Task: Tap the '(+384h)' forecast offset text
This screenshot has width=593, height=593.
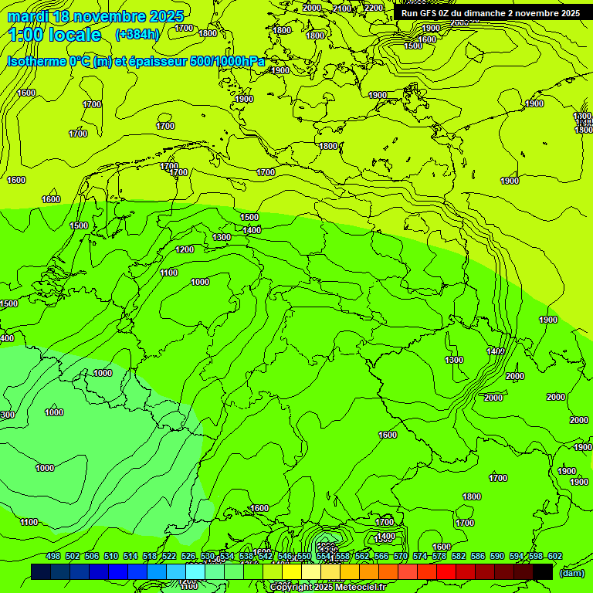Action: (x=137, y=35)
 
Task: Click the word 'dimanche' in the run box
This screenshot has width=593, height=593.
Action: (x=483, y=13)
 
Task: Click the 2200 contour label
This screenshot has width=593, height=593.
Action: (x=374, y=8)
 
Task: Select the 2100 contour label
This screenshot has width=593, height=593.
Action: (x=342, y=8)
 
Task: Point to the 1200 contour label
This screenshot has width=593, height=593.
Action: (x=185, y=249)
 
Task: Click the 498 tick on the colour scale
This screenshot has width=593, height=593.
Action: (x=53, y=556)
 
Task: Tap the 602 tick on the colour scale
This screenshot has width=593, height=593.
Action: (x=555, y=556)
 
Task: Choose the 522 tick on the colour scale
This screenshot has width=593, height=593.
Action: (x=169, y=556)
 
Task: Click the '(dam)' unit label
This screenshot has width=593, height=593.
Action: (x=572, y=573)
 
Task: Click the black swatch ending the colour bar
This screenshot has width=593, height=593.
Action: (x=543, y=571)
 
